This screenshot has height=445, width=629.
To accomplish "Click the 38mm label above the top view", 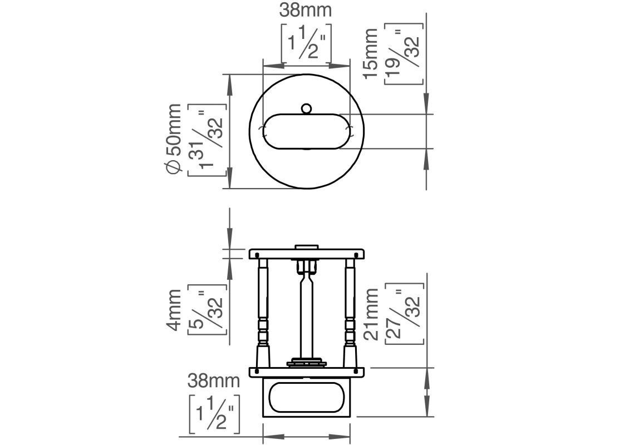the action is click(306, 11).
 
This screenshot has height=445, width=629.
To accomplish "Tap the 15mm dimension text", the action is click(371, 54).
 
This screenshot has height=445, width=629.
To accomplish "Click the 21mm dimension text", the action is click(371, 314).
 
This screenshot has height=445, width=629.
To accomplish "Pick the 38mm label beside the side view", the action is click(213, 380).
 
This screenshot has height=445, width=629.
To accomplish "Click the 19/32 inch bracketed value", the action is click(404, 54).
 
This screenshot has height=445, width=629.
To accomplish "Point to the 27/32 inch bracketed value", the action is click(404, 314).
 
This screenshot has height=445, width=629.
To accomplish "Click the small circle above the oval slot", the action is click(307, 108).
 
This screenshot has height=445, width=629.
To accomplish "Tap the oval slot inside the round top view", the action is click(307, 131).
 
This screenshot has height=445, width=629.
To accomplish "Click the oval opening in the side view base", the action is click(307, 397).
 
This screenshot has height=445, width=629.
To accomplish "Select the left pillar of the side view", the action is click(263, 313).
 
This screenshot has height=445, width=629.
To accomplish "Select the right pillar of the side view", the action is click(350, 313).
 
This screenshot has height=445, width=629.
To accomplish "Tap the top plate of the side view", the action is click(307, 254).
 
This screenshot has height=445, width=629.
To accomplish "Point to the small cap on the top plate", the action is click(307, 247).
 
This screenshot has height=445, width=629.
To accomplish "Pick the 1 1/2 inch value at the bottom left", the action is click(214, 414).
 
